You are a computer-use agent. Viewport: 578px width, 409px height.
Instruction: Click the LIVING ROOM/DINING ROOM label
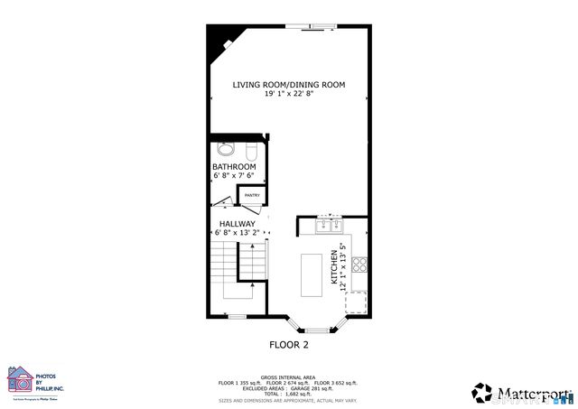pos(289,85)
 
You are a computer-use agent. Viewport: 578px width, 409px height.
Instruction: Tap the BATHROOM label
pos(234,167)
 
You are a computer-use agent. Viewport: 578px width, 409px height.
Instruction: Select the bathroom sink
pos(250,148)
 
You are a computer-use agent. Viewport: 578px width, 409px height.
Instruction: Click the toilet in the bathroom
pos(226,148)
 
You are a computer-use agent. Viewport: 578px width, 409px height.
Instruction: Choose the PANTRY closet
pos(252,195)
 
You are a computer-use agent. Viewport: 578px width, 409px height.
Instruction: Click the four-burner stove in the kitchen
pos(359,265)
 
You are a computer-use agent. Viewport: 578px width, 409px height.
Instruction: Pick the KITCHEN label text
pos(334,269)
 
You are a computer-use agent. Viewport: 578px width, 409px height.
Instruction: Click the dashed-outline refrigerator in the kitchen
pos(357,302)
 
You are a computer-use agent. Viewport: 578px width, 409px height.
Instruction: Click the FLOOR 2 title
pos(289,345)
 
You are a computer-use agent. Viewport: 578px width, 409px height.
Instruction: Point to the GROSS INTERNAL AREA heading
pos(289,377)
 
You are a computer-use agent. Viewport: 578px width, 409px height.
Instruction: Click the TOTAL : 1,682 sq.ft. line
pos(289,394)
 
